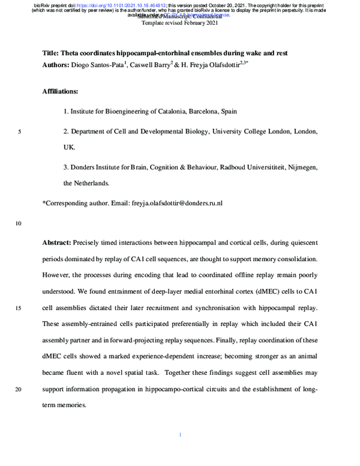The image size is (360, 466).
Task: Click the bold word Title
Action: (x=50, y=53)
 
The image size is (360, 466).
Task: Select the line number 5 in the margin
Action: (x=20, y=131)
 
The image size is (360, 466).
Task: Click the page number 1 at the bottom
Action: (x=180, y=435)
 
